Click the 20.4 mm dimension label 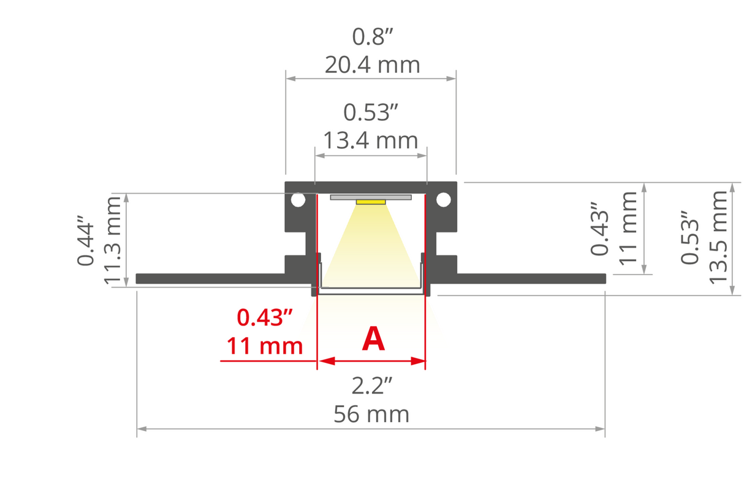coord(372,64)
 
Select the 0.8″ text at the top coord(371,37)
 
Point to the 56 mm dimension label coord(371,415)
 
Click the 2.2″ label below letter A coord(371,386)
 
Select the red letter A coord(373,339)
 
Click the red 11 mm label coord(265,346)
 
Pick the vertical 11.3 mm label coord(114,240)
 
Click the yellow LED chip coord(371,202)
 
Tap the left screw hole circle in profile coord(298,200)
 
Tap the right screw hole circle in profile coord(443,200)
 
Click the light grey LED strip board coord(371,197)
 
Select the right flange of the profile coord(531,278)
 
